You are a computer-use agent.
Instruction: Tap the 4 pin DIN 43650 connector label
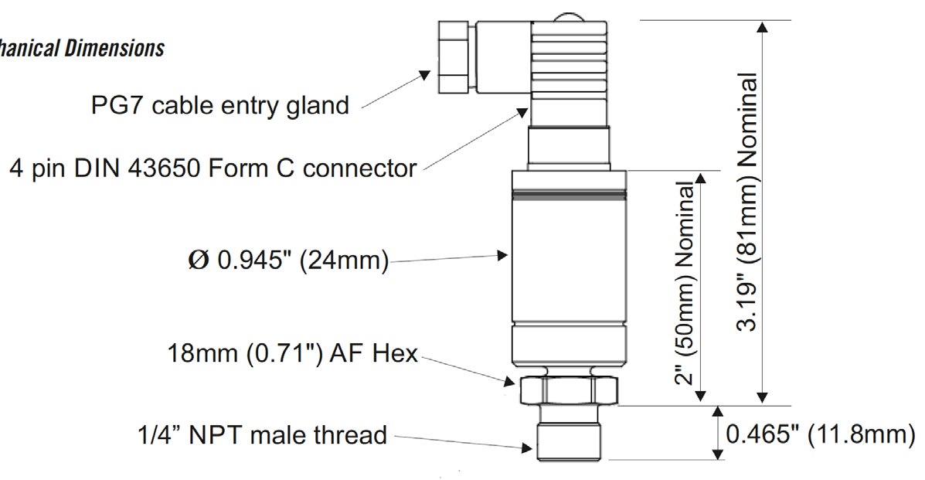pyautogui.click(x=213, y=168)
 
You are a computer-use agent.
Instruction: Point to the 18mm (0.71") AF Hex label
pyautogui.click(x=293, y=354)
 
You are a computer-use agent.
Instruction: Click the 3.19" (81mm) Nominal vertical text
pyautogui.click(x=747, y=201)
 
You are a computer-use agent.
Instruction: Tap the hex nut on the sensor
pyautogui.click(x=570, y=389)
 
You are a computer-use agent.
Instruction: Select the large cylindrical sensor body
pyautogui.click(x=568, y=263)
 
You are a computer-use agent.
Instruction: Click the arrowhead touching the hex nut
pyautogui.click(x=510, y=380)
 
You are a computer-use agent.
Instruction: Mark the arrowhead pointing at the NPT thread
pyautogui.click(x=526, y=446)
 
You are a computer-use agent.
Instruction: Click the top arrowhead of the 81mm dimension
pyautogui.click(x=763, y=28)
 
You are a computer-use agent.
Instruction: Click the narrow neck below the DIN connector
pyautogui.click(x=570, y=147)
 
